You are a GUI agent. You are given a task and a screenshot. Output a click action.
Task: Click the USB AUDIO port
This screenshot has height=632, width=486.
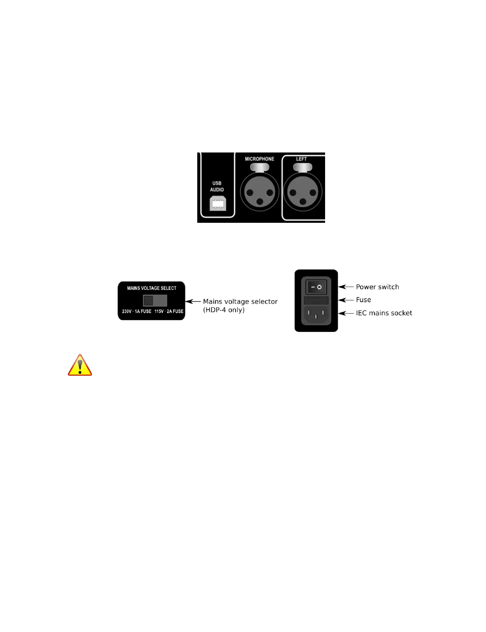[218, 204]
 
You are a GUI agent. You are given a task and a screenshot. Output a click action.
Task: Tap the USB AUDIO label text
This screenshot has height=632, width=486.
[217, 186]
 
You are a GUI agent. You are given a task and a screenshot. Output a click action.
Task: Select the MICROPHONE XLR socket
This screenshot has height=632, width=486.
[259, 192]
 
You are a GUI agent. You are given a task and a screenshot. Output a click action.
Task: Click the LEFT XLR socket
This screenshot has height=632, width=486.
[303, 192]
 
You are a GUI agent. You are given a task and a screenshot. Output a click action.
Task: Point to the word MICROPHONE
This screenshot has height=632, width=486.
[259, 159]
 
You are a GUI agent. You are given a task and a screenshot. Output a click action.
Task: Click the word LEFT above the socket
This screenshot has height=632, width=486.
[301, 159]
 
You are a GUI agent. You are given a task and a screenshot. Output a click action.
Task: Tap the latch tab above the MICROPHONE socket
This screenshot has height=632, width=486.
[259, 167]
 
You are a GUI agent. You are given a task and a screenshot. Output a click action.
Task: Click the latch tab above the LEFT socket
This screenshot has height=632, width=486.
[303, 167]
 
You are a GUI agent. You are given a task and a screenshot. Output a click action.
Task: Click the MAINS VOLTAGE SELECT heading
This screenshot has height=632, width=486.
[152, 288]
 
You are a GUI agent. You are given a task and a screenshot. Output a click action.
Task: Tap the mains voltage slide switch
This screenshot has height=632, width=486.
[155, 301]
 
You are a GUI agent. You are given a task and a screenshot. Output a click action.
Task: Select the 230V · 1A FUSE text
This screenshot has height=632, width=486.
[136, 312]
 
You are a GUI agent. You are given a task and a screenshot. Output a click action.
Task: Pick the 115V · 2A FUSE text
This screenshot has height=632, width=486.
[169, 312]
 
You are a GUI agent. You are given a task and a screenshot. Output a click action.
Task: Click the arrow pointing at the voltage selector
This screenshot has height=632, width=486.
[193, 302]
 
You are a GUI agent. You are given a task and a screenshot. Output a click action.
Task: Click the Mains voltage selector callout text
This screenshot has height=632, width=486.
[240, 305]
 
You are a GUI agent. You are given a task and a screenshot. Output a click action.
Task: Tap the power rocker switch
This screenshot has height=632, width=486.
[316, 287]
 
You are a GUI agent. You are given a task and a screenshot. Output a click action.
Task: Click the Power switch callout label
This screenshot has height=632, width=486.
[377, 287]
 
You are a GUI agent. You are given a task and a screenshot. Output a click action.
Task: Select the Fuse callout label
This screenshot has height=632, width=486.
[363, 300]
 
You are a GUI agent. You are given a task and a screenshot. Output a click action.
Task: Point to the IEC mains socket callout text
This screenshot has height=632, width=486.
[384, 313]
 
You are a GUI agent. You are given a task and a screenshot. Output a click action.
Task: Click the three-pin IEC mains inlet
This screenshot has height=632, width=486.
[316, 314]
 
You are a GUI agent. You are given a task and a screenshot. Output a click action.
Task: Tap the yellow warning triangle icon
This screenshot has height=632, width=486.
[80, 365]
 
